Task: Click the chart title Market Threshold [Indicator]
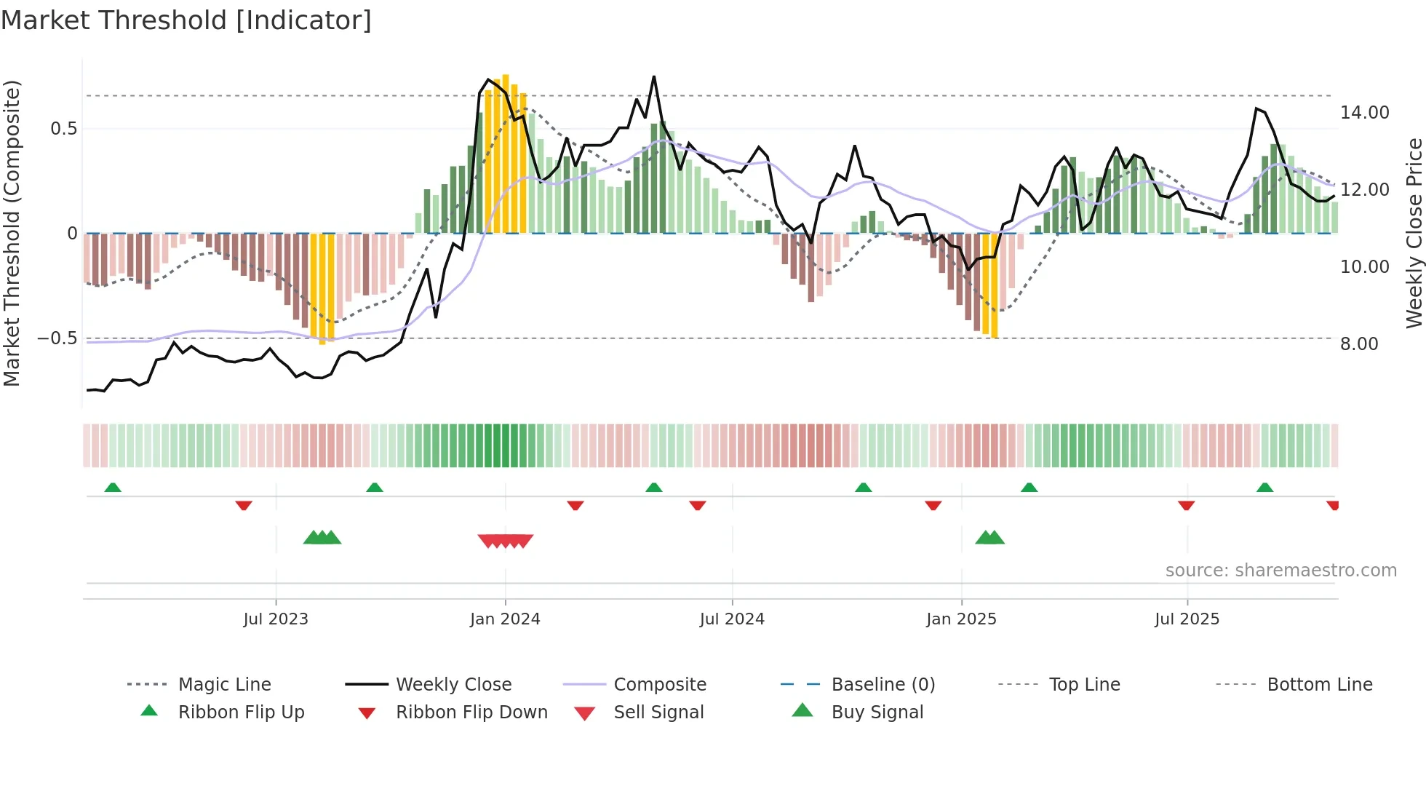(186, 20)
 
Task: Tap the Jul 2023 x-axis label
(276, 619)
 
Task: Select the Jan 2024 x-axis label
(505, 619)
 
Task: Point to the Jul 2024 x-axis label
(732, 619)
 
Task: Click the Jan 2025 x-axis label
(961, 619)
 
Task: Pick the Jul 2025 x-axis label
(1187, 619)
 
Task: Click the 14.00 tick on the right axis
(1364, 113)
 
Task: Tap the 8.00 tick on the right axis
(1359, 344)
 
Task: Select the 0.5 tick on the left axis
(63, 129)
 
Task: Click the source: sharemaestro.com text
(1280, 571)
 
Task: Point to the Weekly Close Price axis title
(1414, 233)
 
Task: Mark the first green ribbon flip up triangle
(113, 488)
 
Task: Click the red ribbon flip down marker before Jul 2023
(244, 505)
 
